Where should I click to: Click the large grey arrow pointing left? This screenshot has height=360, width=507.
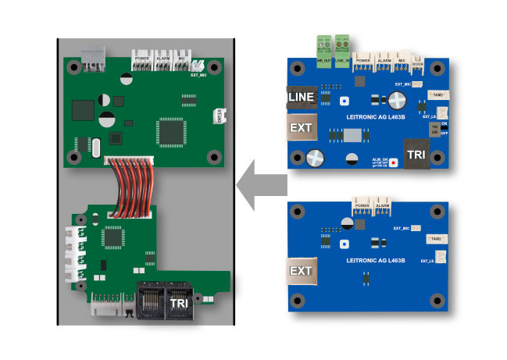tap(262, 187)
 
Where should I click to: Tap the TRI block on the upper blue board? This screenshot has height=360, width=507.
tap(415, 153)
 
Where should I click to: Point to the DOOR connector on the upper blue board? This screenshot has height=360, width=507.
tap(418, 66)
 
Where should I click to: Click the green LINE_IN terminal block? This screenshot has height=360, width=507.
tap(341, 45)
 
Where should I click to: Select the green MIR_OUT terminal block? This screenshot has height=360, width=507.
tap(321, 45)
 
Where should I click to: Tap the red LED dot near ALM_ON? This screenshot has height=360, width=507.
tap(393, 162)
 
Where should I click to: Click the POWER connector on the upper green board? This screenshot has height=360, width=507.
tap(142, 62)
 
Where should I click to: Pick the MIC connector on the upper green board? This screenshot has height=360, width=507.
tap(181, 62)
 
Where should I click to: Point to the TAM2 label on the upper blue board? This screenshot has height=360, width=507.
tap(437, 94)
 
